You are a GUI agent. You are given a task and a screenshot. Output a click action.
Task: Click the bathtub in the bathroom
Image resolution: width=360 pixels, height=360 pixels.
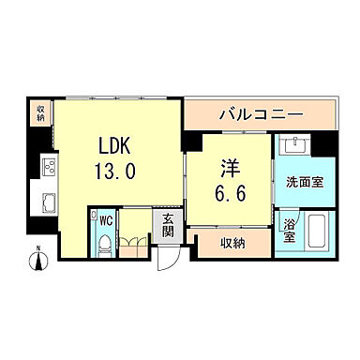click(x=315, y=232)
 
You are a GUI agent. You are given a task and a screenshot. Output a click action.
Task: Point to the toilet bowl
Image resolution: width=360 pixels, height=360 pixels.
click(x=106, y=245)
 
